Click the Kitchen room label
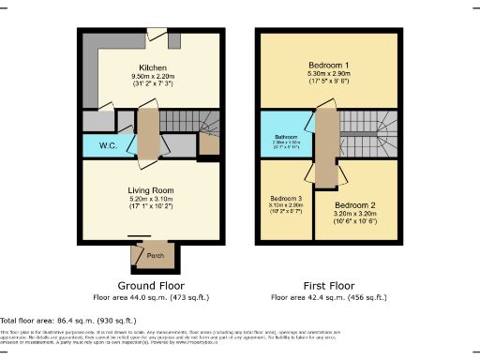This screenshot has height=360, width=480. (153, 68)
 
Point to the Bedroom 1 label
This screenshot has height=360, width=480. (327, 66)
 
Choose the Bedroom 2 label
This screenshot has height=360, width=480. (354, 204)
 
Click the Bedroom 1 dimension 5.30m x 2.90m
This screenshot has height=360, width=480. (327, 75)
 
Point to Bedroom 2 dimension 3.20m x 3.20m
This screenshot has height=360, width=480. (354, 215)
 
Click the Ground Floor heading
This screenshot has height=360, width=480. (151, 285)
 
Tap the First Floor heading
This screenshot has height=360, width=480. (328, 285)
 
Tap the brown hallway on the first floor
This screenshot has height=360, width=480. (325, 145)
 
